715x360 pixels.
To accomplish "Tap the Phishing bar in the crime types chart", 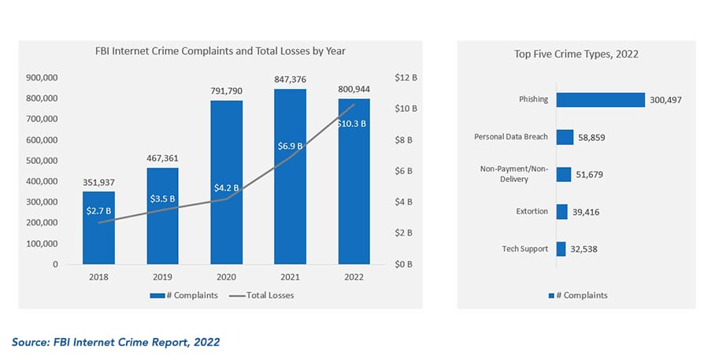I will click(600, 100).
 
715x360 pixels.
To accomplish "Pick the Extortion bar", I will click(562, 211).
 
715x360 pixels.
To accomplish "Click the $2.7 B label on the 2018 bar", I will click(99, 211).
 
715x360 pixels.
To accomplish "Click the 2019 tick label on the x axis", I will click(162, 277).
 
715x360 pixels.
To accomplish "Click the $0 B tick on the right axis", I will click(404, 264).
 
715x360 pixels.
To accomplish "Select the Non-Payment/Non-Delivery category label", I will click(514, 174).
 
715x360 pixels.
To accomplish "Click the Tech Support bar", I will click(561, 249).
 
